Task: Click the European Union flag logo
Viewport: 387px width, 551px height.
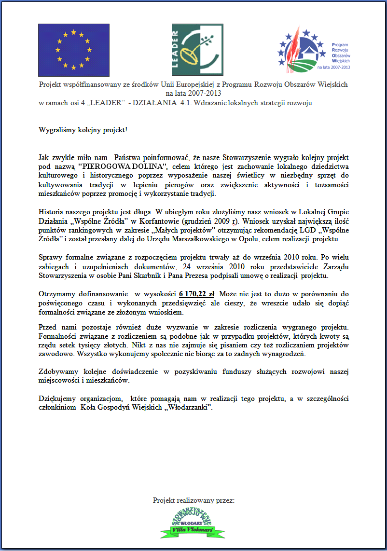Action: [73, 47]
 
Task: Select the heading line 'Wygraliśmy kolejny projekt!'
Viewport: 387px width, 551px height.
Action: [83, 130]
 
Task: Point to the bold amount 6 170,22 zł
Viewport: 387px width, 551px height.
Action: [198, 294]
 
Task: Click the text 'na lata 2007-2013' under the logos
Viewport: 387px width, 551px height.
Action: [193, 93]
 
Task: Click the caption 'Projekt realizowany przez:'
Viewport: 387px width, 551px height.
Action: [193, 500]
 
